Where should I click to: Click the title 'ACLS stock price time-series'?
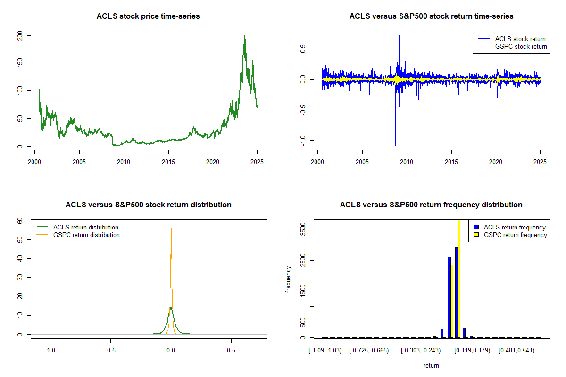tap(148, 16)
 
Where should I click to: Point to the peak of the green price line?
tap(244, 36)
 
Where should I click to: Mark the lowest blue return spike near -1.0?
tap(395, 145)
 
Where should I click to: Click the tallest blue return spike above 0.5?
tap(399, 36)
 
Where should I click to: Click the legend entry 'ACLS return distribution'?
tap(86, 227)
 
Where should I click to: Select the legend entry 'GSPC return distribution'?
tap(86, 235)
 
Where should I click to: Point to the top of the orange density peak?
tap(171, 227)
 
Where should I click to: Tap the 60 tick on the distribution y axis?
tap(20, 221)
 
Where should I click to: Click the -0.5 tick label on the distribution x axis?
tap(110, 351)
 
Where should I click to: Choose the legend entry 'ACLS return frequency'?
tap(515, 227)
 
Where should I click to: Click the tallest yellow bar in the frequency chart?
tap(458, 278)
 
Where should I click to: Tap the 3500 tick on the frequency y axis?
tap(303, 229)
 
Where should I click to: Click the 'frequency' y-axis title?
tap(288, 279)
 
